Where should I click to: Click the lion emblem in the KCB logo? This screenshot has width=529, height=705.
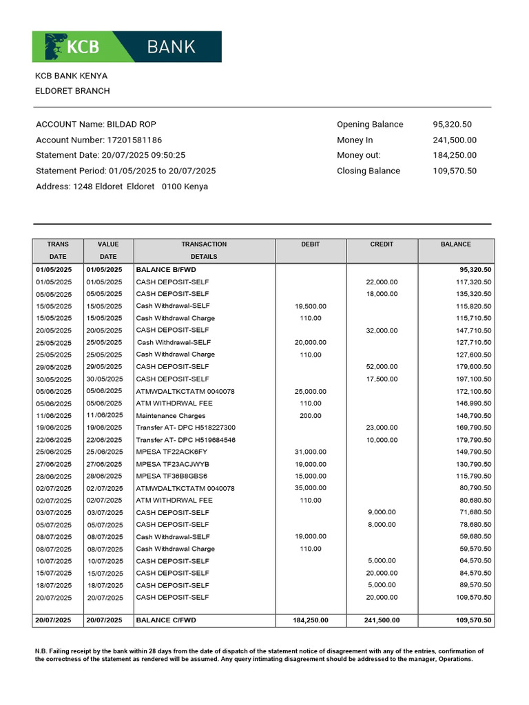[x=55, y=46]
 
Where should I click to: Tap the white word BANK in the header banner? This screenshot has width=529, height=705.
[x=171, y=47]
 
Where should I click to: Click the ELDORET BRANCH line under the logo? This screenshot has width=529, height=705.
[x=72, y=91]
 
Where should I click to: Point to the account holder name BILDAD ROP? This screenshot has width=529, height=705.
[x=132, y=125]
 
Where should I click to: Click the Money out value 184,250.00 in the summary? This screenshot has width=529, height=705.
[x=454, y=156]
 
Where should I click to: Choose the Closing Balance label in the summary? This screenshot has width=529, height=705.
[x=368, y=171]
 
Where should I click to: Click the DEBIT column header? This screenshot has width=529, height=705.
[x=311, y=244]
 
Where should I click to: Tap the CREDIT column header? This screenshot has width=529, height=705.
[x=382, y=244]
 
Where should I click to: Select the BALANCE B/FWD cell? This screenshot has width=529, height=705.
[x=166, y=270]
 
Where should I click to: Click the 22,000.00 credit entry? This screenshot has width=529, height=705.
[x=382, y=282]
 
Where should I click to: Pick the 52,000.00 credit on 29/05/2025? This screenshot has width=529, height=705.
[x=382, y=367]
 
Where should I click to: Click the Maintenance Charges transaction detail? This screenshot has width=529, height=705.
[x=171, y=416]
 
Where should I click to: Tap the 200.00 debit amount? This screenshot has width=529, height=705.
[x=310, y=416]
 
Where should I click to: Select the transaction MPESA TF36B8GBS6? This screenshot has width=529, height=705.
[x=172, y=476]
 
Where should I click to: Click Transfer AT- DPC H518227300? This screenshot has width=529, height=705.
[x=185, y=428]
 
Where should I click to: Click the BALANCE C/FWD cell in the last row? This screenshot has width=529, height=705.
[x=166, y=620]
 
